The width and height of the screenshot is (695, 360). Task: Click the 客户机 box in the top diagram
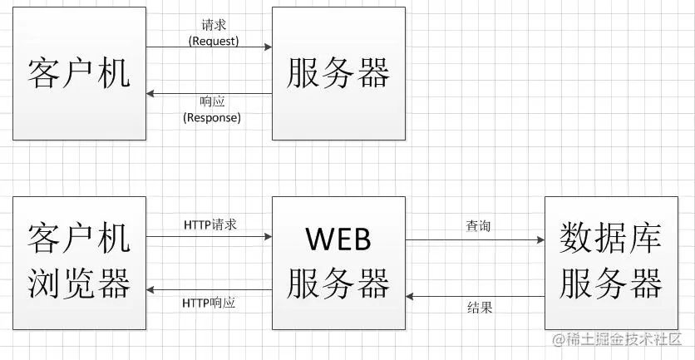[x=79, y=73]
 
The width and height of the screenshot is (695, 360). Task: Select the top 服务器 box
[x=339, y=73]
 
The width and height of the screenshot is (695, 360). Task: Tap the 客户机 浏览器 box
[x=79, y=263]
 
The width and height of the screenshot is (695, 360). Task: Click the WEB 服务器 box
[x=339, y=263]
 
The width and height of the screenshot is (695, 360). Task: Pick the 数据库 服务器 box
[x=611, y=263]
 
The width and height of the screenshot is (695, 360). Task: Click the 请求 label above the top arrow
[x=214, y=25]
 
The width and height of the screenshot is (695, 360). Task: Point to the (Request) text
[x=214, y=39]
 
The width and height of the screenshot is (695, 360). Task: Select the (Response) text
[x=211, y=117]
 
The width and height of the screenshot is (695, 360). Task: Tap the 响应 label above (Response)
[x=211, y=102]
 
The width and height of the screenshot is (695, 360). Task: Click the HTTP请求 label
[x=210, y=224]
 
